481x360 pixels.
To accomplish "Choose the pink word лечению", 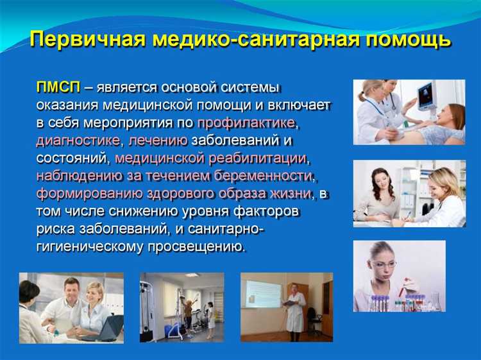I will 158,139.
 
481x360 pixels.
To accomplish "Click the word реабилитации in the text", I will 257,157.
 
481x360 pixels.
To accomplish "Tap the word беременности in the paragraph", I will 263,175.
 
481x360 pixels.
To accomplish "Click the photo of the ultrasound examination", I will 409,112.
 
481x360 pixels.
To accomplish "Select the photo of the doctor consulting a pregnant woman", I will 409,194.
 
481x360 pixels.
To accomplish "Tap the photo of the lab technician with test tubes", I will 399,276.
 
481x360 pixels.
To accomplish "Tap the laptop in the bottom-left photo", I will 109,329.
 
